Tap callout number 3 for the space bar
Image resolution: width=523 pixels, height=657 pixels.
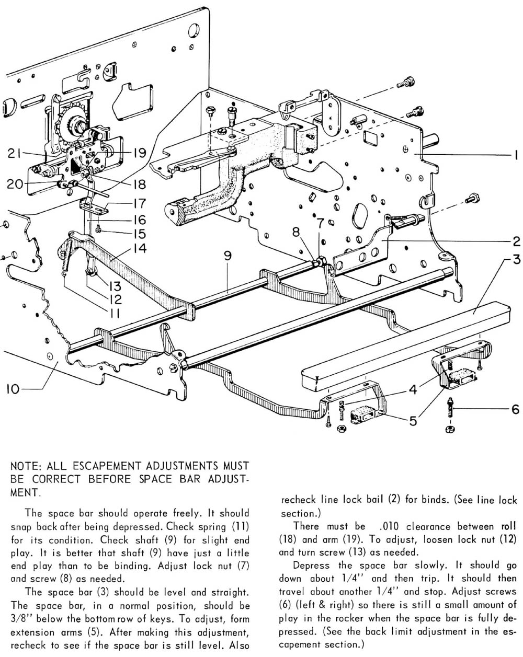[516, 260]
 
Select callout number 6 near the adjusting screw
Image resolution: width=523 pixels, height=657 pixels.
[515, 409]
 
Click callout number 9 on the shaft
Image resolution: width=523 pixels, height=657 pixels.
[227, 256]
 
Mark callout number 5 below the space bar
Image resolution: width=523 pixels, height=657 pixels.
[413, 421]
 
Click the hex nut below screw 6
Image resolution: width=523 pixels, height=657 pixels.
[449, 430]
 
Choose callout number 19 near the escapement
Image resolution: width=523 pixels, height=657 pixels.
[139, 153]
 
